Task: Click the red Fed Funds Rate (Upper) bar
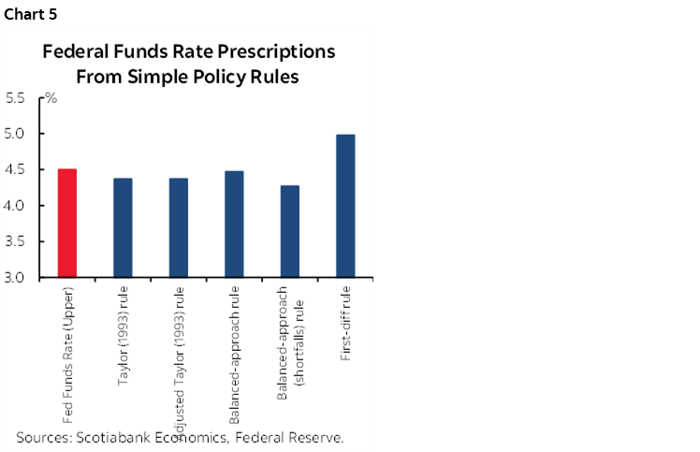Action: tap(67, 224)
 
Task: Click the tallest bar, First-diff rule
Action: tap(345, 206)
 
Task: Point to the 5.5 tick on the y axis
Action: tap(16, 97)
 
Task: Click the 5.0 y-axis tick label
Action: tap(16, 134)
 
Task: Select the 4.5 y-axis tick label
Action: tap(16, 169)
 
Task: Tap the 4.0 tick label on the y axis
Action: tap(16, 206)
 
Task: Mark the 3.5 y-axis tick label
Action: tap(16, 241)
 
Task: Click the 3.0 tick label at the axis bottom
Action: tap(16, 278)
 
